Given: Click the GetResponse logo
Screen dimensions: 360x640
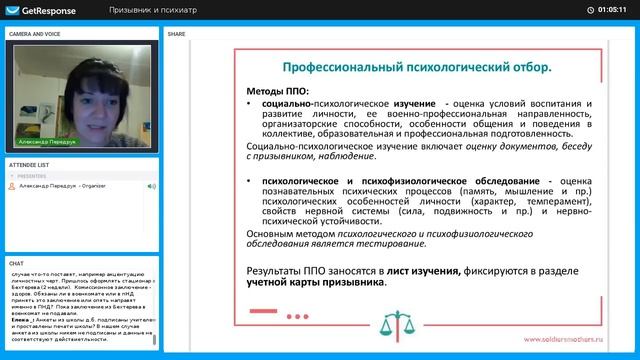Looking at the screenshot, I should coord(37,10).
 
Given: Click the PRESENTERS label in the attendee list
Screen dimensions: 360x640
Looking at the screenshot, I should coord(33,176).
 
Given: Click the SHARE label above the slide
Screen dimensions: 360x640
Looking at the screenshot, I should coord(176,33).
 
